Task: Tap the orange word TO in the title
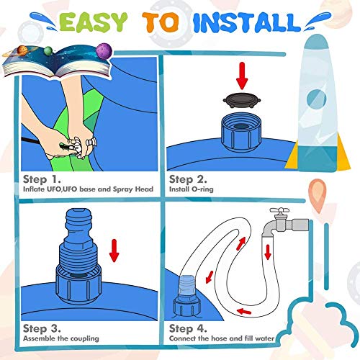167,24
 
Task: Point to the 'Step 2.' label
188,178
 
